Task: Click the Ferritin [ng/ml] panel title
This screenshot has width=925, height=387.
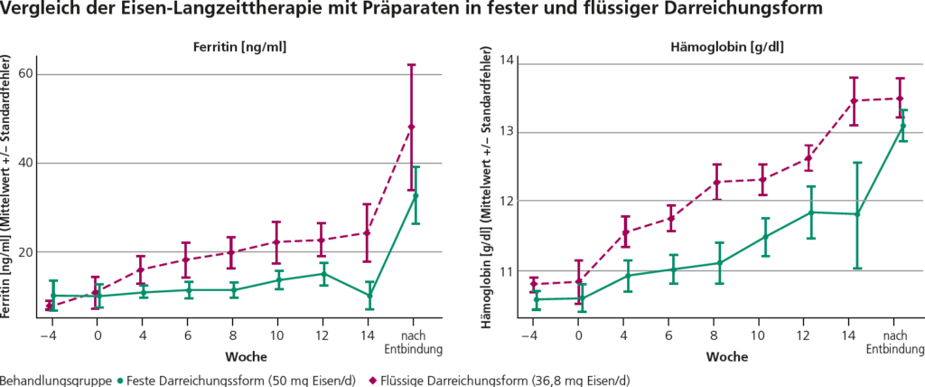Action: click(239, 47)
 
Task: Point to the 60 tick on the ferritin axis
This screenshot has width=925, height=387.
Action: click(39, 74)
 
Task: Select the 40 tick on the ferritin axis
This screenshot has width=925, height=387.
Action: click(39, 163)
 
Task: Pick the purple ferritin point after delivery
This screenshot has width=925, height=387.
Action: click(412, 127)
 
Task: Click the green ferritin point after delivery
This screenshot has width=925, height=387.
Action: click(416, 194)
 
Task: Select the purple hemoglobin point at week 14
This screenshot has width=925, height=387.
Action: click(853, 100)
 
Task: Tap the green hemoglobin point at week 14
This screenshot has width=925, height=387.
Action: click(857, 214)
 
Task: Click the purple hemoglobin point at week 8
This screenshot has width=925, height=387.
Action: click(717, 183)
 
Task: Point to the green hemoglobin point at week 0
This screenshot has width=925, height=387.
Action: click(582, 298)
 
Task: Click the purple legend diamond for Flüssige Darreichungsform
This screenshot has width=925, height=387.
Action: click(377, 380)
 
